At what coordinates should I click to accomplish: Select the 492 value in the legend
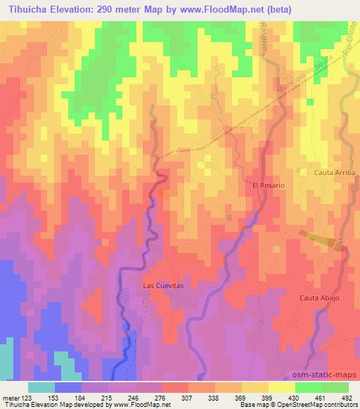(x=347, y=398)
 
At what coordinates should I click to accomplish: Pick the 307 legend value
(x=188, y=398)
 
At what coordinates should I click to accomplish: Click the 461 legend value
(x=321, y=398)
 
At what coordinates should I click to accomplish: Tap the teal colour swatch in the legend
(x=41, y=387)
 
